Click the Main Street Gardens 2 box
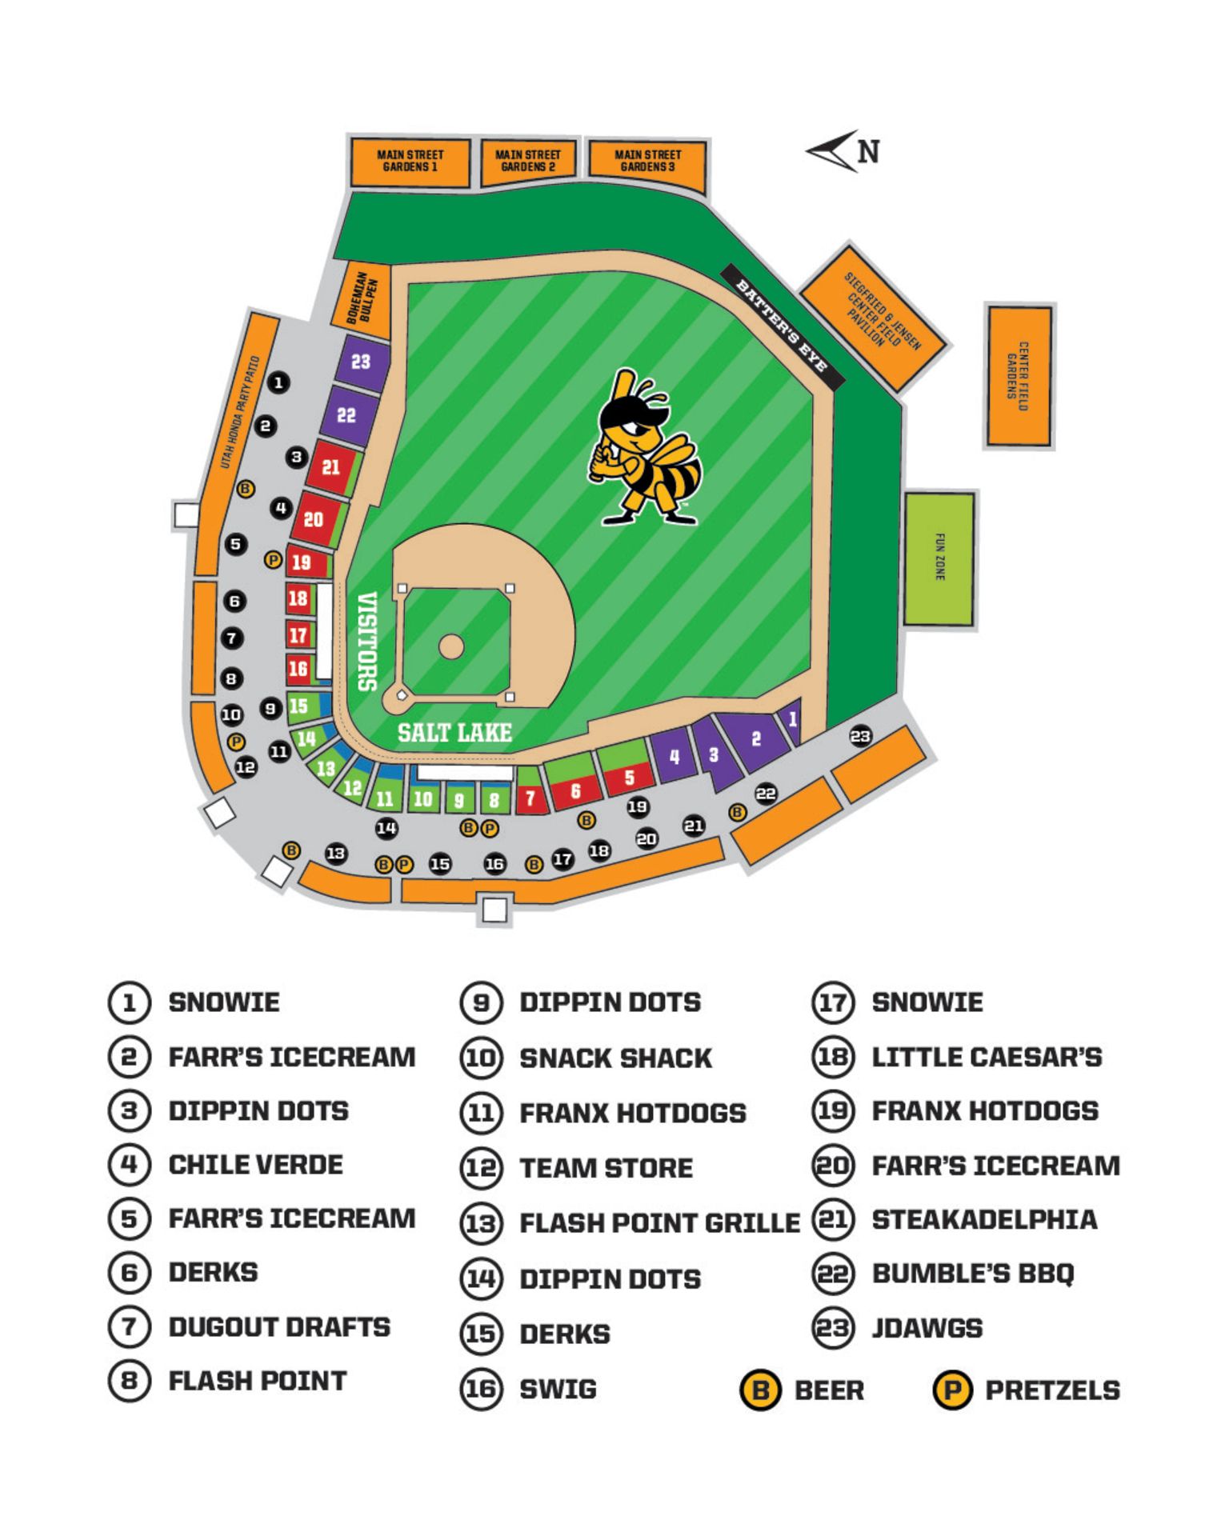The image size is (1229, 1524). [x=528, y=161]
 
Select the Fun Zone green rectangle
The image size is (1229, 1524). [x=939, y=558]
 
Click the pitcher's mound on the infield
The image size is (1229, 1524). [x=451, y=646]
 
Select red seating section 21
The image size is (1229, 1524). [x=330, y=467]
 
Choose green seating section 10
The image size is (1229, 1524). [x=422, y=798]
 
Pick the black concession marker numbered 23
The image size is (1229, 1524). [x=860, y=736]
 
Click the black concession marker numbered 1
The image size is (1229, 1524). [x=278, y=383]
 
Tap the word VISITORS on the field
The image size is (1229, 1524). [x=366, y=642]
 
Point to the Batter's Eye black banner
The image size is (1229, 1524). [x=782, y=327]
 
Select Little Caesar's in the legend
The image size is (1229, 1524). [x=986, y=1057]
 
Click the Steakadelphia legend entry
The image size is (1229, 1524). [x=983, y=1219]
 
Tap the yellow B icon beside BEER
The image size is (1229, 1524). [x=759, y=1390]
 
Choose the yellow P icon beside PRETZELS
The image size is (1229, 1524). [x=951, y=1390]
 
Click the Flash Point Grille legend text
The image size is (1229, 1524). [x=659, y=1223]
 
